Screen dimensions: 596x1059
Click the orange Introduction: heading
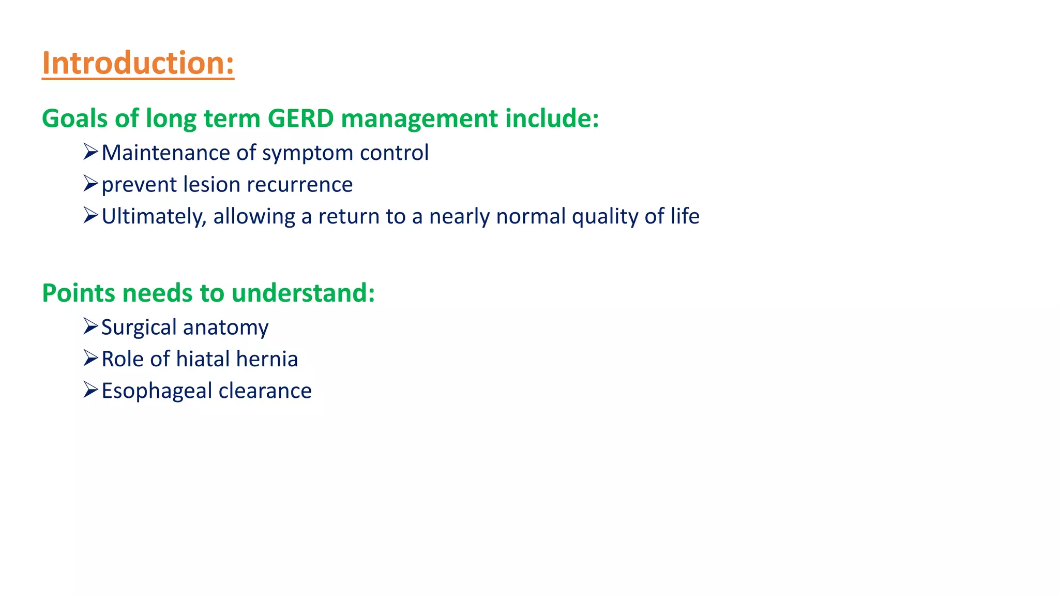pos(138,63)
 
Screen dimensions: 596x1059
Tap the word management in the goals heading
pos(419,118)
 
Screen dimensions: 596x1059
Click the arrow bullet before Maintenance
pos(90,152)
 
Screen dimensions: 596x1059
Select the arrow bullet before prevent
pos(90,184)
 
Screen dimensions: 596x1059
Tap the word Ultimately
pos(154,216)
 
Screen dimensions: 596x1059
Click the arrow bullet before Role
pos(90,358)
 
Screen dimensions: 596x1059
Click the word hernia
pos(267,359)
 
